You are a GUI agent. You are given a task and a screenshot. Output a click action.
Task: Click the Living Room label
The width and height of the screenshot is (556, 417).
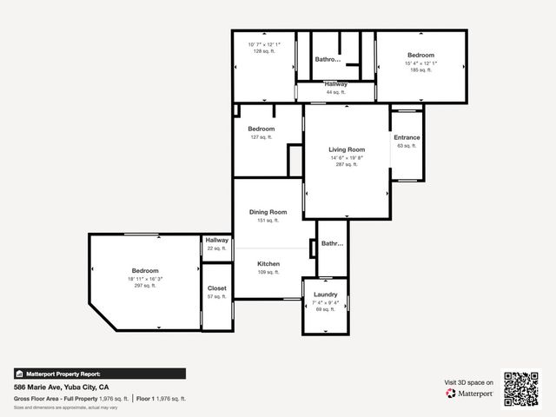(x=346, y=149)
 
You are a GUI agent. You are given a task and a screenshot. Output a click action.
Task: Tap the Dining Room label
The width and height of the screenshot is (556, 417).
(x=268, y=212)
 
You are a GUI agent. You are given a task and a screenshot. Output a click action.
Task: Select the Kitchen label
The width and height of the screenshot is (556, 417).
(x=268, y=263)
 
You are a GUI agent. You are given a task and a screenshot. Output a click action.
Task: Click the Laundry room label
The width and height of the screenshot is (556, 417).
(x=325, y=295)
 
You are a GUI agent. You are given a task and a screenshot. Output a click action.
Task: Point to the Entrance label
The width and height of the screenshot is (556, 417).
(x=407, y=137)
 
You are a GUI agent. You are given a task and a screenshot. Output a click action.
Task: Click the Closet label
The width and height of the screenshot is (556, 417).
(x=216, y=288)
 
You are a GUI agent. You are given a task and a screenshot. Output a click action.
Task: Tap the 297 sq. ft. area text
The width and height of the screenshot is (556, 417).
(x=145, y=285)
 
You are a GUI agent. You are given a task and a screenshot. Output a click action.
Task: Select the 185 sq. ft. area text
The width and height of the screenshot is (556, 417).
(x=420, y=69)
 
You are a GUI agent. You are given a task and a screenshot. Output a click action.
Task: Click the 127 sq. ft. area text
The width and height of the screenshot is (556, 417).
(x=261, y=136)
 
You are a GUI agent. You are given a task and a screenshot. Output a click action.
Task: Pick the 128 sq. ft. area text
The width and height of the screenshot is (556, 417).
(x=263, y=51)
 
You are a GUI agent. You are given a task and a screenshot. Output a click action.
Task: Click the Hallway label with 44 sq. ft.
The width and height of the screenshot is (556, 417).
(x=336, y=84)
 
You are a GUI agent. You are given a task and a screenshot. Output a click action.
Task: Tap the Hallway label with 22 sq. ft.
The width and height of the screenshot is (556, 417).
(x=216, y=240)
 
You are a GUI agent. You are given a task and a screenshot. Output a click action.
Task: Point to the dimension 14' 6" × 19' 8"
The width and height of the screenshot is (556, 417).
(x=346, y=157)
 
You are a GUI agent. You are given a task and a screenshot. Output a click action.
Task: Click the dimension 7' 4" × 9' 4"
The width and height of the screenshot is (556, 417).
(x=325, y=302)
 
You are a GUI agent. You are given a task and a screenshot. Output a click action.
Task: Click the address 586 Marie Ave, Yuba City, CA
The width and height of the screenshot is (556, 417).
(x=61, y=387)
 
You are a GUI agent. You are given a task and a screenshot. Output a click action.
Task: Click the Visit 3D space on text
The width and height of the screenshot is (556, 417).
(x=469, y=382)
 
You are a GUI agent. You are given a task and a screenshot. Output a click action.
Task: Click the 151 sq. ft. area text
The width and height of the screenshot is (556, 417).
(x=268, y=221)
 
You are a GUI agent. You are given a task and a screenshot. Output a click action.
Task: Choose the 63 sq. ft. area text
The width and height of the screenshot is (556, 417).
(x=407, y=146)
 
